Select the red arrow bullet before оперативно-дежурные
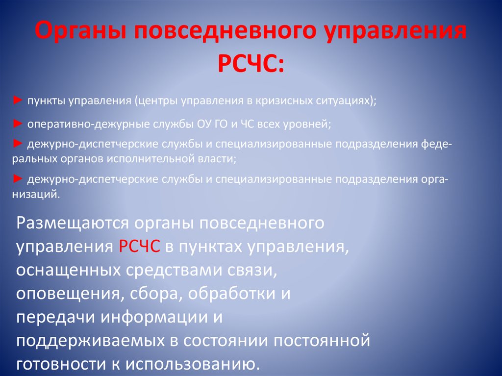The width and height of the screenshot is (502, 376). (x=18, y=124)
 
